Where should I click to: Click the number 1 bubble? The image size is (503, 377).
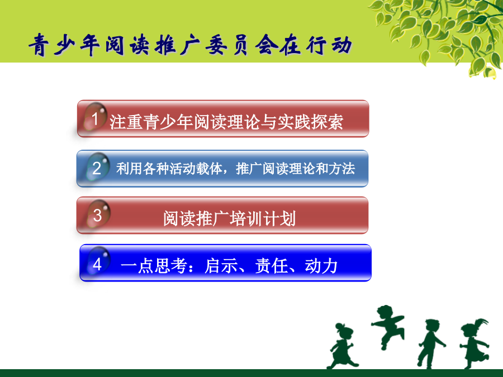95,117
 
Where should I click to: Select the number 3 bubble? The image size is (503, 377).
98,214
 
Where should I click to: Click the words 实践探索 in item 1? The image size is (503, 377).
310,122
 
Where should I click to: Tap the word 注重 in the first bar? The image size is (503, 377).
126,122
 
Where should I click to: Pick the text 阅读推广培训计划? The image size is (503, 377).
229,218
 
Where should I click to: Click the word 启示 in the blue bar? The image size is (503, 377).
221,266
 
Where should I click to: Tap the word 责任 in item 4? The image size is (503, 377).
271,266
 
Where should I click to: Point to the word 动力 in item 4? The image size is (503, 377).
321,266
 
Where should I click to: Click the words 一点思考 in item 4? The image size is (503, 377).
154,266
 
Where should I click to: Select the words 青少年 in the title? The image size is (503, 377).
64,45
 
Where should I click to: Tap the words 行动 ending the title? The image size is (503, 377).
329,45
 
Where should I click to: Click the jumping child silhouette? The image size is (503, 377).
387,326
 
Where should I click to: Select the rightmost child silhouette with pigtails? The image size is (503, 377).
474,343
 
